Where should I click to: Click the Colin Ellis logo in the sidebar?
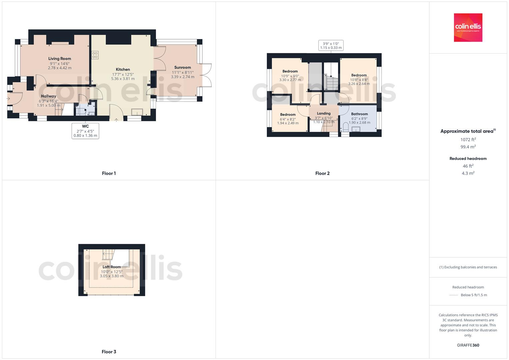[x=468, y=27]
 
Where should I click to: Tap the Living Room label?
[x=60, y=59]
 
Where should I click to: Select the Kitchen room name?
[x=123, y=70]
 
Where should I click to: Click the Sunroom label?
[x=182, y=68]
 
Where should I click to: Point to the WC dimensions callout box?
[x=85, y=131]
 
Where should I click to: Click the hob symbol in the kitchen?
[x=95, y=55]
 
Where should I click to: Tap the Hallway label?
[x=49, y=96]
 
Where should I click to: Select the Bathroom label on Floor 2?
[x=359, y=114]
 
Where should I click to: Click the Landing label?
[x=324, y=113]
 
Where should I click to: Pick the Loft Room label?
[x=112, y=267]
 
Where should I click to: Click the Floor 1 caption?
[x=109, y=173]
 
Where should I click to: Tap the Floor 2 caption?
[x=322, y=173]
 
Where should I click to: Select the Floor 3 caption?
[x=109, y=352]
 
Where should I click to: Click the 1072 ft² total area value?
[x=468, y=140]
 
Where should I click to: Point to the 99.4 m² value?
[x=468, y=147]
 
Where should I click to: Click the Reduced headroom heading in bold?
[x=468, y=159]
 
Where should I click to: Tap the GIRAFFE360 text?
[x=468, y=345]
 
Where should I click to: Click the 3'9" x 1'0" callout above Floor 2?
[x=331, y=45]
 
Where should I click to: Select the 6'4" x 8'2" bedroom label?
[x=288, y=119]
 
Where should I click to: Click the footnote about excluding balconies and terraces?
[x=468, y=267]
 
